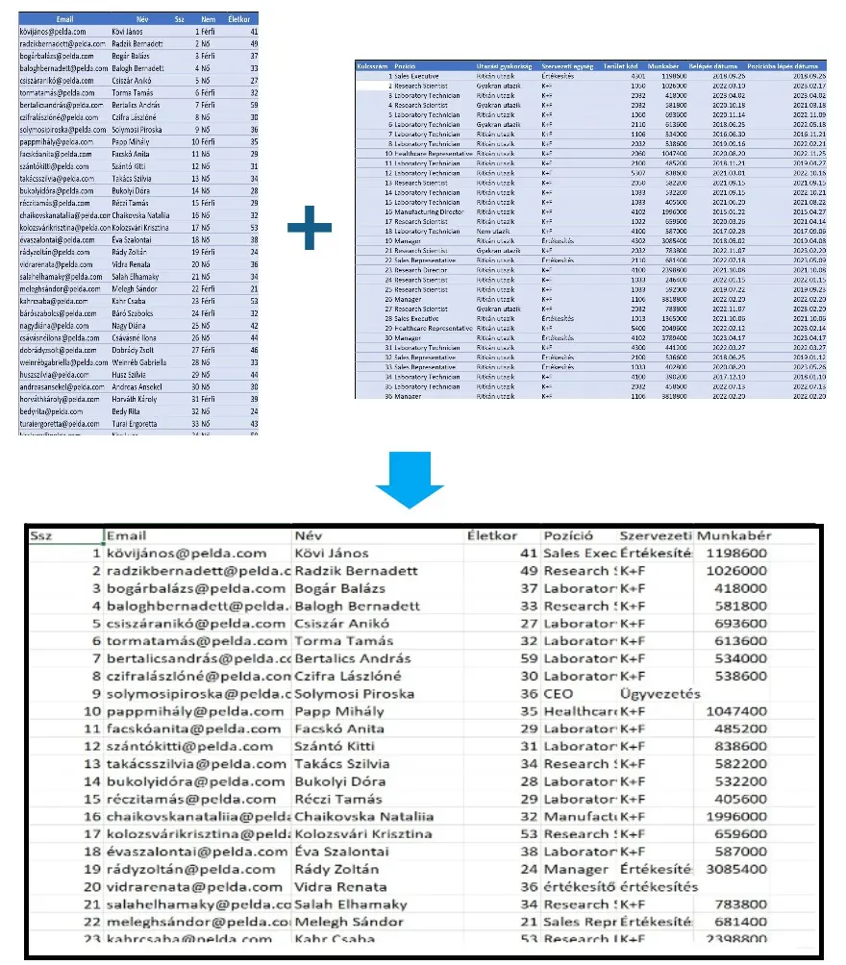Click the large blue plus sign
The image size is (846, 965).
[310, 227]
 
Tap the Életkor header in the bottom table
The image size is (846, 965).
[492, 535]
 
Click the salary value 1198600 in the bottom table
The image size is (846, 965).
[735, 554]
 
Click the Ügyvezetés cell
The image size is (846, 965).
[660, 693]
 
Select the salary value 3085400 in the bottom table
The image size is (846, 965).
[735, 869]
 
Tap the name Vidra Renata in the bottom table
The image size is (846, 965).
[338, 886]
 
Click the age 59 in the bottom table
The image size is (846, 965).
[525, 658]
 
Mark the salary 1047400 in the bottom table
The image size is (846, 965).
[735, 711]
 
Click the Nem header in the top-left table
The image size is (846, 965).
[208, 18]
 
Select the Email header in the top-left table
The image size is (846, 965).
[66, 18]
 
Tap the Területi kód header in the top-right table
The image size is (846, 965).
[617, 66]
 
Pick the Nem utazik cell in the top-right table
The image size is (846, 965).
[492, 231]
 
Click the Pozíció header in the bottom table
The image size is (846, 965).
[568, 535]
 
